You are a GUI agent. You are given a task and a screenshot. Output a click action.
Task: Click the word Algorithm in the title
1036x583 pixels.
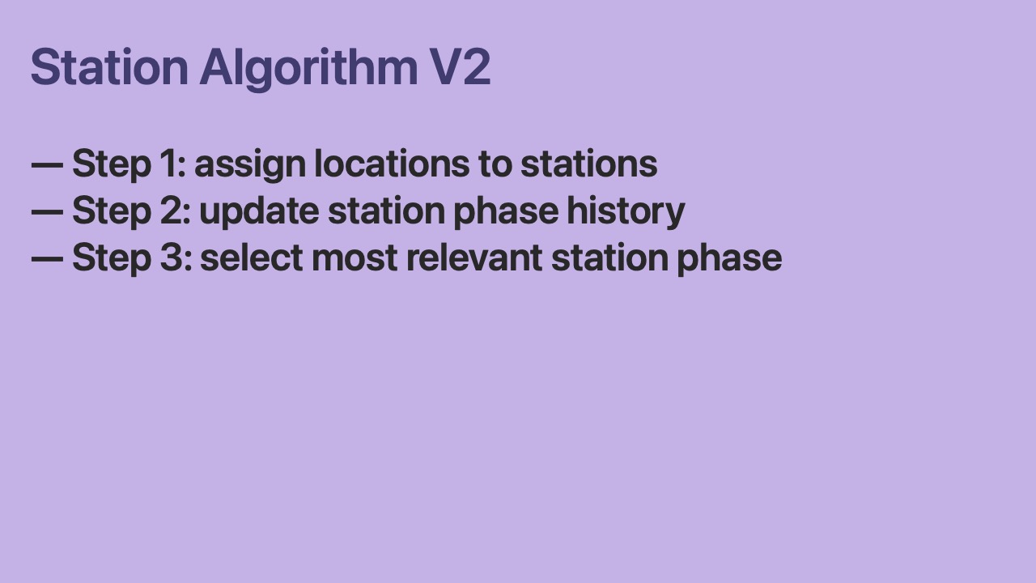[309, 69]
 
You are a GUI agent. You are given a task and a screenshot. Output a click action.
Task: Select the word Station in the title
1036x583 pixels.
[109, 66]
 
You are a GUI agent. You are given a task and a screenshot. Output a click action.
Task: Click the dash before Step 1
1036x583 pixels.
[47, 164]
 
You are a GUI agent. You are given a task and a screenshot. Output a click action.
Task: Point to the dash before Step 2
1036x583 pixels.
[47, 212]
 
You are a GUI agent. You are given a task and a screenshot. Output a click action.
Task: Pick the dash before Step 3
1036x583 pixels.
[47, 259]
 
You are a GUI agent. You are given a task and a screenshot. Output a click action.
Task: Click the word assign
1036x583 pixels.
[250, 165]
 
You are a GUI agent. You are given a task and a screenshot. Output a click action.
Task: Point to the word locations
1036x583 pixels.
[392, 164]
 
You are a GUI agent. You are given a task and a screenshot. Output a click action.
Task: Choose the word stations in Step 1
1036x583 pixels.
[588, 164]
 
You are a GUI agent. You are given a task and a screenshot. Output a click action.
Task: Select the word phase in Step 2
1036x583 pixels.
[506, 213]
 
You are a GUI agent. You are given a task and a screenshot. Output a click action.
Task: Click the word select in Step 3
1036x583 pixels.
[252, 257]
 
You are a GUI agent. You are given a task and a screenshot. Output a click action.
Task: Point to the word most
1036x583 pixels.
[355, 259]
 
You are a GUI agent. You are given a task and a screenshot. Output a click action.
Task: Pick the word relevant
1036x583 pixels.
[474, 257]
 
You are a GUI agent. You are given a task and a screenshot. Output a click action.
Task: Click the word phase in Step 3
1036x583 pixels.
[729, 260]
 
